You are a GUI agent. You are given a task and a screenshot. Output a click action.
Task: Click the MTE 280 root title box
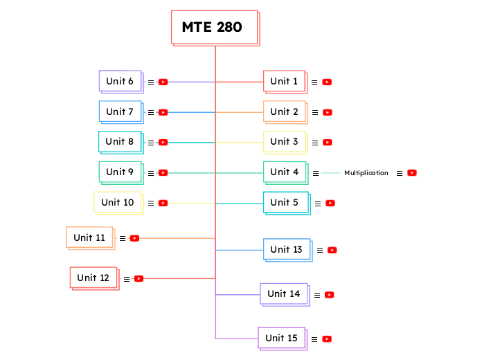(215, 28)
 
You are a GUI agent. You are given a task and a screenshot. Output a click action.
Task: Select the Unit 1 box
(284, 81)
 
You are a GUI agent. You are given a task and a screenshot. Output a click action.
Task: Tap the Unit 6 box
(120, 81)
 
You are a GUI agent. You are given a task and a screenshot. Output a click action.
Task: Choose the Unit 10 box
(118, 202)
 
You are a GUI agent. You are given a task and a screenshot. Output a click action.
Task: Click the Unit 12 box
(93, 278)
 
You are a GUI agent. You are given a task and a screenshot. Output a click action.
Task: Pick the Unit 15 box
(282, 338)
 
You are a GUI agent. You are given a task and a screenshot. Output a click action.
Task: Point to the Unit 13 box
(286, 249)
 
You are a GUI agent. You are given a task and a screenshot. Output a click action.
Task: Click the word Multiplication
(366, 173)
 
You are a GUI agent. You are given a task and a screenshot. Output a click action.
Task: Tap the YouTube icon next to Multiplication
(412, 173)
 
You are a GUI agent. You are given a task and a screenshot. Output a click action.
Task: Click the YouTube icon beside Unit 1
(327, 82)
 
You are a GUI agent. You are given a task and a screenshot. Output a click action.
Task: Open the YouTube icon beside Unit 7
(163, 112)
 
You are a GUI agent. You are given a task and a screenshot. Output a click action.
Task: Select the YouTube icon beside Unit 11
(134, 238)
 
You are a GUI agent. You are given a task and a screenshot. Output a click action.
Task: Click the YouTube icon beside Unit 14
(329, 295)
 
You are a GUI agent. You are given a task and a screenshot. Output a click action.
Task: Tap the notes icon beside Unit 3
(314, 143)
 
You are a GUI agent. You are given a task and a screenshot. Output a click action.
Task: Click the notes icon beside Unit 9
(151, 173)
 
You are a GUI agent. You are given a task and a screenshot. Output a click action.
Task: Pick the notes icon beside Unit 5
(317, 204)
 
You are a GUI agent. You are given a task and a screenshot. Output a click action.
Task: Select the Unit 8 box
(120, 141)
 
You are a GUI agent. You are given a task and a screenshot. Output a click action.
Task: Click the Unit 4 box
(284, 172)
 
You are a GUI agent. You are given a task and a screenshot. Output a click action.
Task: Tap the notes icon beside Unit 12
(127, 279)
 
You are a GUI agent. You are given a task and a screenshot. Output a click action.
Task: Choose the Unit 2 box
(284, 111)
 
